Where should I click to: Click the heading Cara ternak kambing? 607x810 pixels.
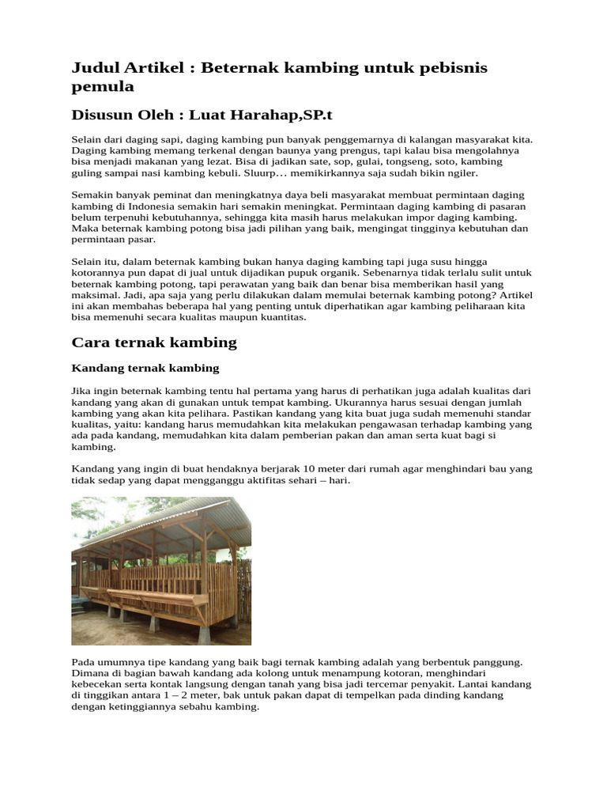click(154, 343)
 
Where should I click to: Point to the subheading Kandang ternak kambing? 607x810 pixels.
click(145, 369)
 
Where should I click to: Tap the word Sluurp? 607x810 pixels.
click(269, 172)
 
